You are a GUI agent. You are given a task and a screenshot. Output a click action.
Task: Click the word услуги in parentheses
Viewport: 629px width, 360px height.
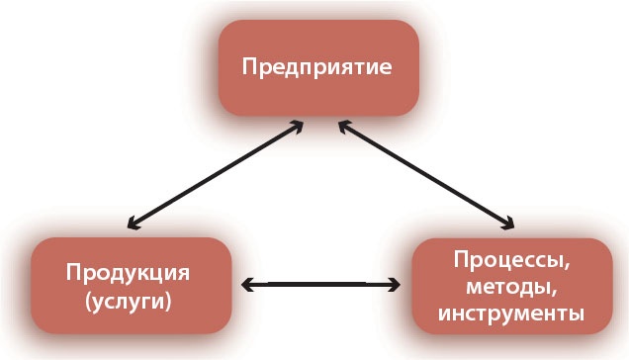click(128, 301)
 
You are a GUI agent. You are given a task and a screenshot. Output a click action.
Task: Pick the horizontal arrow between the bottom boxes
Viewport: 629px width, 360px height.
click(322, 286)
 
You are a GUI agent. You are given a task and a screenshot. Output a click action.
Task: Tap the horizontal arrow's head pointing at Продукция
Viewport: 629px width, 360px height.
click(248, 286)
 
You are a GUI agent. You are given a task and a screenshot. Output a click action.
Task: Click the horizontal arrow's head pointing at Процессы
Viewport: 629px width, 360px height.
click(396, 286)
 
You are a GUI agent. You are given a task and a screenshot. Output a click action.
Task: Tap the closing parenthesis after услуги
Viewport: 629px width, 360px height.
click(167, 302)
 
